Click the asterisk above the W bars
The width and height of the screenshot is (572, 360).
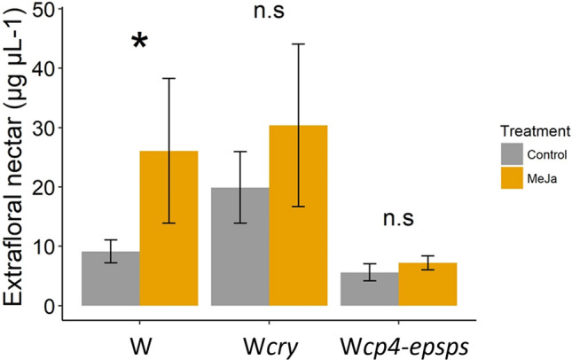pyautogui.click(x=140, y=43)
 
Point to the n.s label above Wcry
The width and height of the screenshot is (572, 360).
pyautogui.click(x=270, y=12)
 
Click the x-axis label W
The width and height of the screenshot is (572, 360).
pyautogui.click(x=139, y=341)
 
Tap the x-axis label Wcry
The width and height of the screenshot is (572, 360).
pyautogui.click(x=269, y=341)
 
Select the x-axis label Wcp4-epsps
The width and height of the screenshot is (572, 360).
pyautogui.click(x=398, y=341)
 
